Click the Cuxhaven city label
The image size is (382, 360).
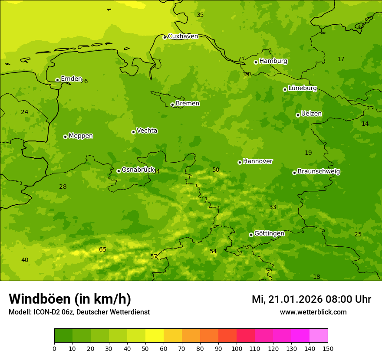[183, 36]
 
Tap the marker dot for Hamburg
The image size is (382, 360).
[256, 62]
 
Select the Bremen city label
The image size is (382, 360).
[188, 104]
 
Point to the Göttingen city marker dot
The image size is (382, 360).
[251, 235]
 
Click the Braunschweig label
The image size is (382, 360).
[319, 172]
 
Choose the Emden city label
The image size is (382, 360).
[71, 79]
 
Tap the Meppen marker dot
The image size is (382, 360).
[65, 137]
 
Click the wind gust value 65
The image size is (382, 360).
[103, 250]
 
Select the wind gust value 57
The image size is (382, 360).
[154, 257]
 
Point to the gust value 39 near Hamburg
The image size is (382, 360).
[246, 75]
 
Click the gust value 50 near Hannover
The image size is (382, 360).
[216, 170]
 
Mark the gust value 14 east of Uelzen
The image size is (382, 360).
[365, 124]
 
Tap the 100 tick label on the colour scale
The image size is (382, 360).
[237, 348]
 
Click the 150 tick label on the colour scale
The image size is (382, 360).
[328, 348]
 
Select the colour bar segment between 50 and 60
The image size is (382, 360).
[155, 336]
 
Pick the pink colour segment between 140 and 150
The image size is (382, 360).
[319, 336]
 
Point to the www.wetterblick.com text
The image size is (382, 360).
[313, 312]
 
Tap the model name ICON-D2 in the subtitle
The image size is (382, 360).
[48, 312]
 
